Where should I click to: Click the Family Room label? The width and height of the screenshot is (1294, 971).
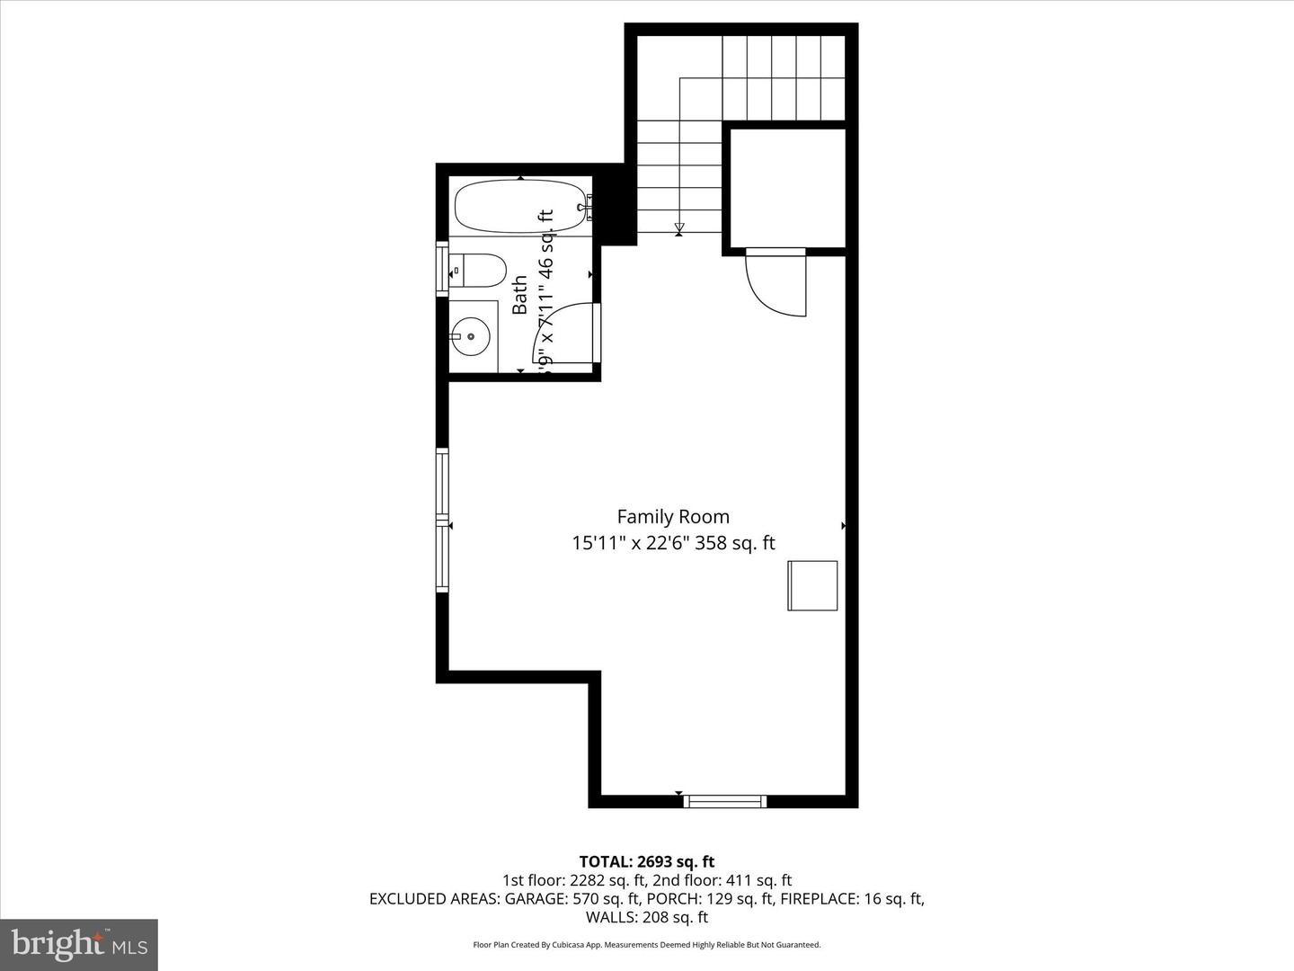672,517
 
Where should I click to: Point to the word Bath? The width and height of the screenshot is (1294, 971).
520,296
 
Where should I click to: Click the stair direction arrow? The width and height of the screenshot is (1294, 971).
679,227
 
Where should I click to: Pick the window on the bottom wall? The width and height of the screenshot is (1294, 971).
724,801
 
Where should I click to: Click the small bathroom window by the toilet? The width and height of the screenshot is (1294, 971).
442,269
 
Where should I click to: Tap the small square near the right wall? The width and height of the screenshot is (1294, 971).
812,585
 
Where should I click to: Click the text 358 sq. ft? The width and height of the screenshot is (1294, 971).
741,543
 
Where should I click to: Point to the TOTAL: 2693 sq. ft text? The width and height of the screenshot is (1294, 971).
647,862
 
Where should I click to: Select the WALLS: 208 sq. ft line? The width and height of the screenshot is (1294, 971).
647,917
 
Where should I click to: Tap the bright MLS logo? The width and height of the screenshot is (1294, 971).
79,944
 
